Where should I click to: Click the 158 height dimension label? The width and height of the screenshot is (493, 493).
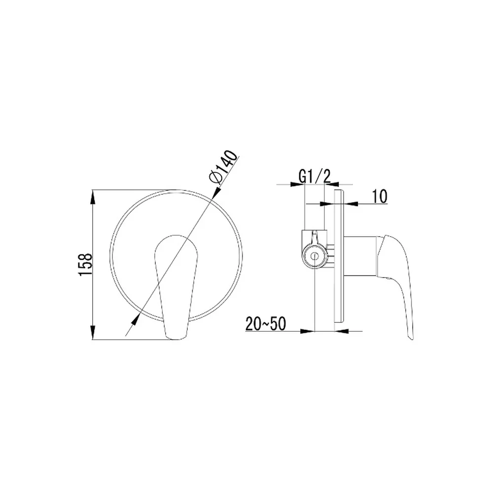tap(85, 264)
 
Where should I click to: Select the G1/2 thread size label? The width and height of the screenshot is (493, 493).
tap(314, 176)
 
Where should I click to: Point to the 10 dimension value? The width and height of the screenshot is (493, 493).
tap(380, 197)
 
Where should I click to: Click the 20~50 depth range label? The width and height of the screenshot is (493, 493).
tap(266, 323)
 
